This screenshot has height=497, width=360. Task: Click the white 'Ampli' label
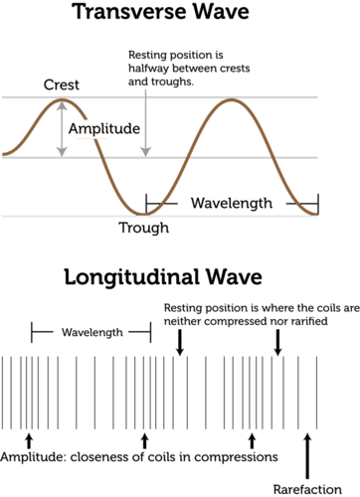90,129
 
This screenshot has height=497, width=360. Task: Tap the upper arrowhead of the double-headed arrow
62,105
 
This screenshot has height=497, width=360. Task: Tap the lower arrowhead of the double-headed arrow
62,150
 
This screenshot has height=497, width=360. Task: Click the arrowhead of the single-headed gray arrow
145,150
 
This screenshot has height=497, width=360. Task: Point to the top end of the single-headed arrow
145,90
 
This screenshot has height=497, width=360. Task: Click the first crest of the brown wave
60,99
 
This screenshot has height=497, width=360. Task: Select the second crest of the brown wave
232,100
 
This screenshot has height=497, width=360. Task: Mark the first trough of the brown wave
147,211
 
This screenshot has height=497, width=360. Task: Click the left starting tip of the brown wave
3,154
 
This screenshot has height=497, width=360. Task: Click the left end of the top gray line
2,97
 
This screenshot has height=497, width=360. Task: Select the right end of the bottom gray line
319,215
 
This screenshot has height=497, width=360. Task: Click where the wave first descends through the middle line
103,157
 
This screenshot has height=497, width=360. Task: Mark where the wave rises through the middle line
189,157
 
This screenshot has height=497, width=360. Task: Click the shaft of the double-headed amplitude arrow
62,127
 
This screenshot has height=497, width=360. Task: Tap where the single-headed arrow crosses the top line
145,97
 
